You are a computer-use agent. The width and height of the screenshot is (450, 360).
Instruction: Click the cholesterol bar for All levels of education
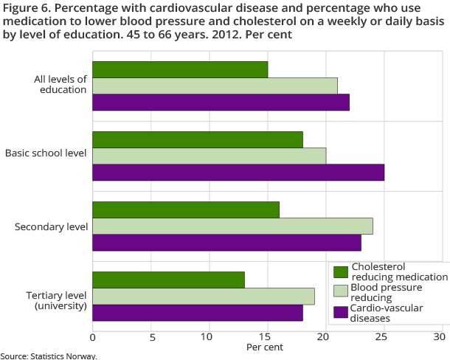pyautogui.click(x=180, y=69)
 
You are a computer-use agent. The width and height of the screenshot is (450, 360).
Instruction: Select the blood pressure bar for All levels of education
pyautogui.click(x=215, y=86)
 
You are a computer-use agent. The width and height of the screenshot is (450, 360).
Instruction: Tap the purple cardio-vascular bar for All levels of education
pyautogui.click(x=221, y=102)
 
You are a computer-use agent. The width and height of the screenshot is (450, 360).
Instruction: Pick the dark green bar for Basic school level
pyautogui.click(x=198, y=139)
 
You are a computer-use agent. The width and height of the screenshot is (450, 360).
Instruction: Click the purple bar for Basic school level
pyautogui.click(x=238, y=172)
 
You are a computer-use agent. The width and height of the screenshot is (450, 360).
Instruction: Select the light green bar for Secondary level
pyautogui.click(x=232, y=226)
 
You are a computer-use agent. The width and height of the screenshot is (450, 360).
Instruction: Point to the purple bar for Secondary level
pyautogui.click(x=226, y=242)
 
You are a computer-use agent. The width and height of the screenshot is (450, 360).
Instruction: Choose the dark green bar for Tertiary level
pyautogui.click(x=168, y=280)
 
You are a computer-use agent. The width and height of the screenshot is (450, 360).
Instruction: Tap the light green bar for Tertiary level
pyautogui.click(x=204, y=296)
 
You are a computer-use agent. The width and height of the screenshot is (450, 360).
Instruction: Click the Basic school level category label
pyautogui.click(x=46, y=153)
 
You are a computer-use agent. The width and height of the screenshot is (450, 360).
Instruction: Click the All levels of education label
pyautogui.click(x=60, y=84)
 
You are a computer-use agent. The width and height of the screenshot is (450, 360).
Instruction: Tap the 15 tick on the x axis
pyautogui.click(x=267, y=337)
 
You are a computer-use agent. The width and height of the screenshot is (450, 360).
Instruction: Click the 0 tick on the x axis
pyautogui.click(x=93, y=337)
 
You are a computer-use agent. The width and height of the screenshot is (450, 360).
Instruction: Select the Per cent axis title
pyautogui.click(x=265, y=347)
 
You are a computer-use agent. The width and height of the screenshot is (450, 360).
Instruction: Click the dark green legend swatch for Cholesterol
pyautogui.click(x=340, y=271)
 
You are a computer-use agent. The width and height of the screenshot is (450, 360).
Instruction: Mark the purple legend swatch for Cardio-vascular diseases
pyautogui.click(x=340, y=313)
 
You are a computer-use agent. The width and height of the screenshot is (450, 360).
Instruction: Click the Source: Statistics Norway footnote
pyautogui.click(x=49, y=356)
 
